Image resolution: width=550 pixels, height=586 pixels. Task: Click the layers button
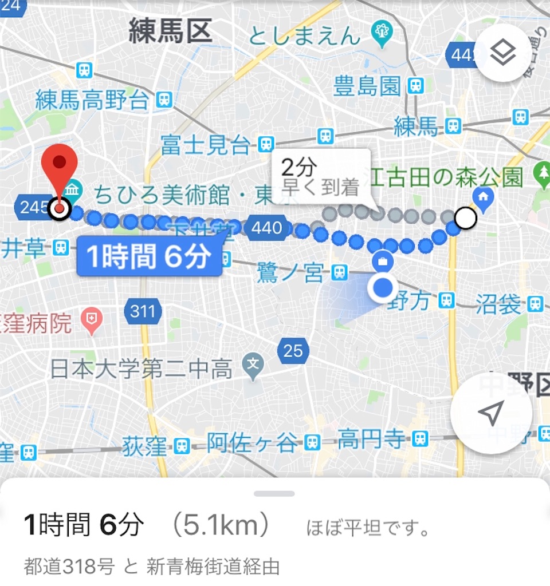(503, 54)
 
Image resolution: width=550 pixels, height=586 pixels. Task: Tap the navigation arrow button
(491, 413)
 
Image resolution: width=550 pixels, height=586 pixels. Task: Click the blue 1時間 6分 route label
(149, 258)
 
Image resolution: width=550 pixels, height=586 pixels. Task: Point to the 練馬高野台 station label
(92, 101)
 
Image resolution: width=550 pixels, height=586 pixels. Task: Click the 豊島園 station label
(367, 87)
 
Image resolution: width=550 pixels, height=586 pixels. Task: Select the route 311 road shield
(143, 312)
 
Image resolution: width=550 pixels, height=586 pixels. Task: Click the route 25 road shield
(293, 350)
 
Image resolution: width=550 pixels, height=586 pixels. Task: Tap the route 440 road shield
(266, 228)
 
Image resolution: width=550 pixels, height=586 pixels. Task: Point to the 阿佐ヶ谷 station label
(252, 442)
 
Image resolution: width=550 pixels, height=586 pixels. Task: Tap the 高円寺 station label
(370, 439)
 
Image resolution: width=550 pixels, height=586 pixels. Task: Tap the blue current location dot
(383, 288)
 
